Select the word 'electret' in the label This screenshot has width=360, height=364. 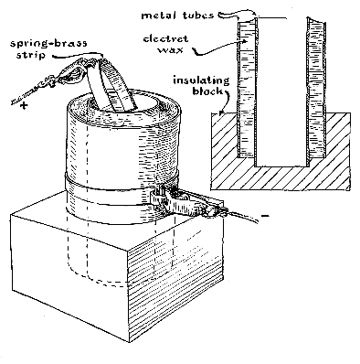(x=165, y=39)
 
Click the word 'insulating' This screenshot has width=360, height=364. (x=201, y=80)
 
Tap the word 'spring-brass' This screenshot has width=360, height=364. (x=48, y=44)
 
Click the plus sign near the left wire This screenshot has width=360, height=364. (x=23, y=106)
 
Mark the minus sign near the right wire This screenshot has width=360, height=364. (x=265, y=216)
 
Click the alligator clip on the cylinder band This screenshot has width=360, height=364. (x=189, y=203)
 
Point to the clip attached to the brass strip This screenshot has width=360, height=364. (x=73, y=73)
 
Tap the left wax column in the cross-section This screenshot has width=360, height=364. (x=246, y=89)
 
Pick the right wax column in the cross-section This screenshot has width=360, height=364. (x=317, y=89)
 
